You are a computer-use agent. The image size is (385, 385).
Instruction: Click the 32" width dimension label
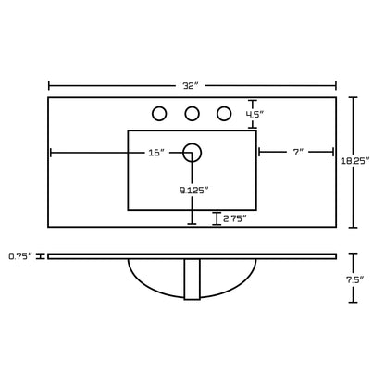[x=190, y=86]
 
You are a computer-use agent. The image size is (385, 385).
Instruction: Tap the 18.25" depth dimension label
[x=355, y=161]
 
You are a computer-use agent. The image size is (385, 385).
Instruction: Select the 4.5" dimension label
[x=255, y=114]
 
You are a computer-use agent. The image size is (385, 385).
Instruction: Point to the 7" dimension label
[x=299, y=152]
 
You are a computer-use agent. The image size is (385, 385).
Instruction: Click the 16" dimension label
[x=156, y=153]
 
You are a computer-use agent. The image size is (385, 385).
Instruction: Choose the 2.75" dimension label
[x=235, y=218]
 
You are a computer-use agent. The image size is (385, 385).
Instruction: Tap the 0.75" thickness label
[x=20, y=256]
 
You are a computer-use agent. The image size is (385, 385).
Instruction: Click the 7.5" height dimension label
[x=355, y=279]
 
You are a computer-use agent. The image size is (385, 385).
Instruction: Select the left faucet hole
[x=159, y=114]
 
